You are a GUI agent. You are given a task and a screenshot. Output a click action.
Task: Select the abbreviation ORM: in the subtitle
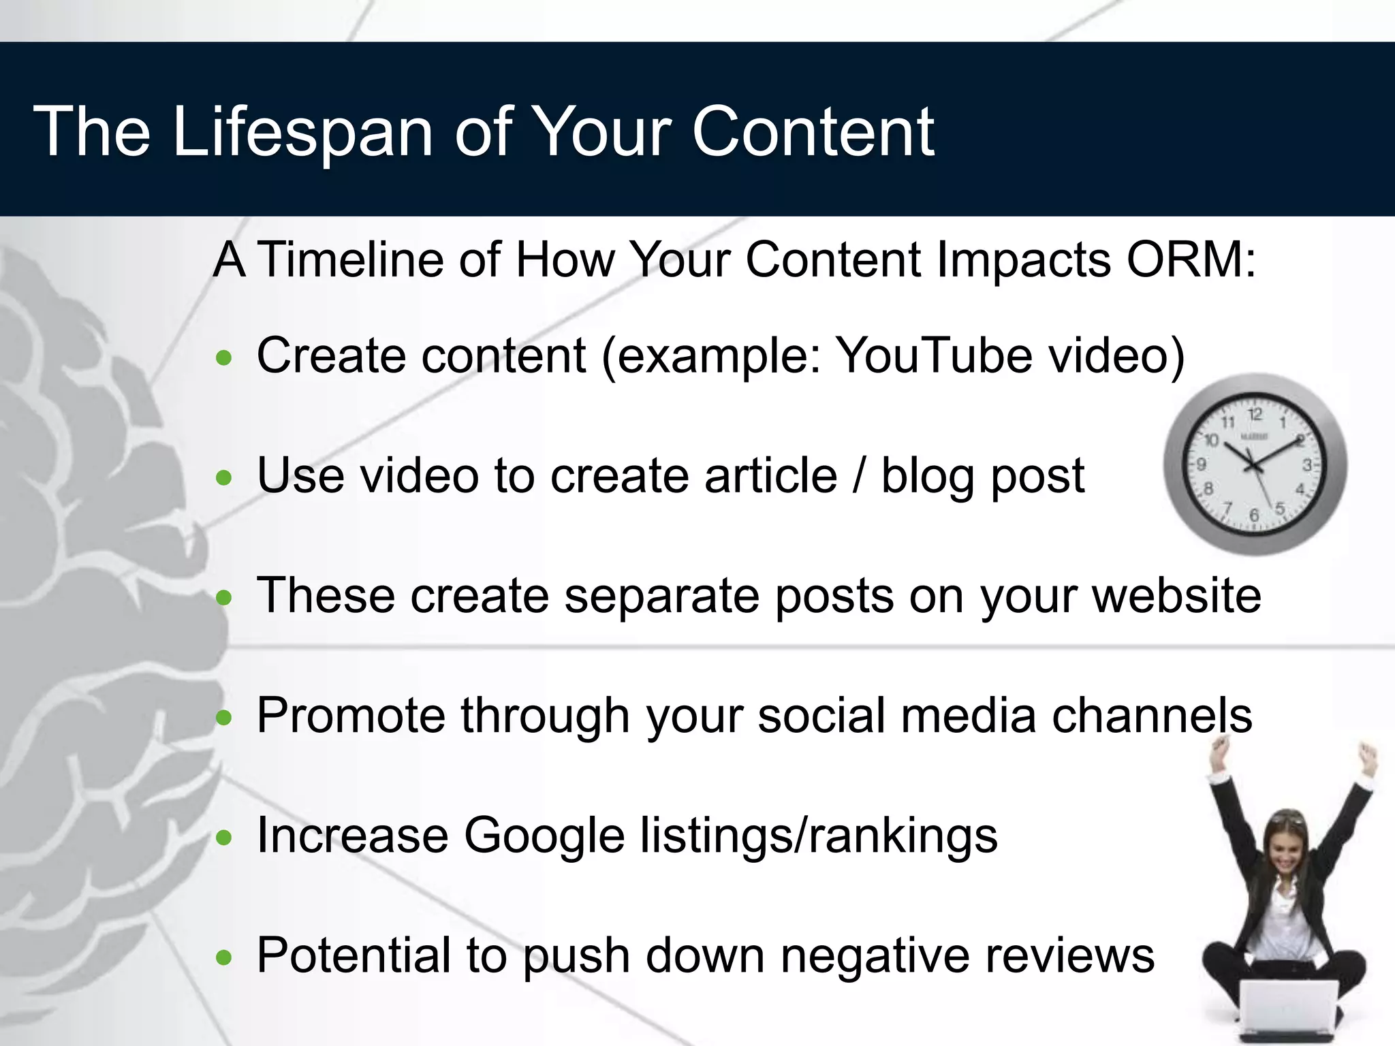[1191, 260]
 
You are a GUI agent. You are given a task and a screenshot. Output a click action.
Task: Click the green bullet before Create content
[223, 358]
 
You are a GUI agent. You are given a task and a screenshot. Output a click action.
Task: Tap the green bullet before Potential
[223, 958]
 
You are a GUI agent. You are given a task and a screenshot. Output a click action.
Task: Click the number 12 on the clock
[1255, 414]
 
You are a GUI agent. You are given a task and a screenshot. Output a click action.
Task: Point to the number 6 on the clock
[1254, 516]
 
